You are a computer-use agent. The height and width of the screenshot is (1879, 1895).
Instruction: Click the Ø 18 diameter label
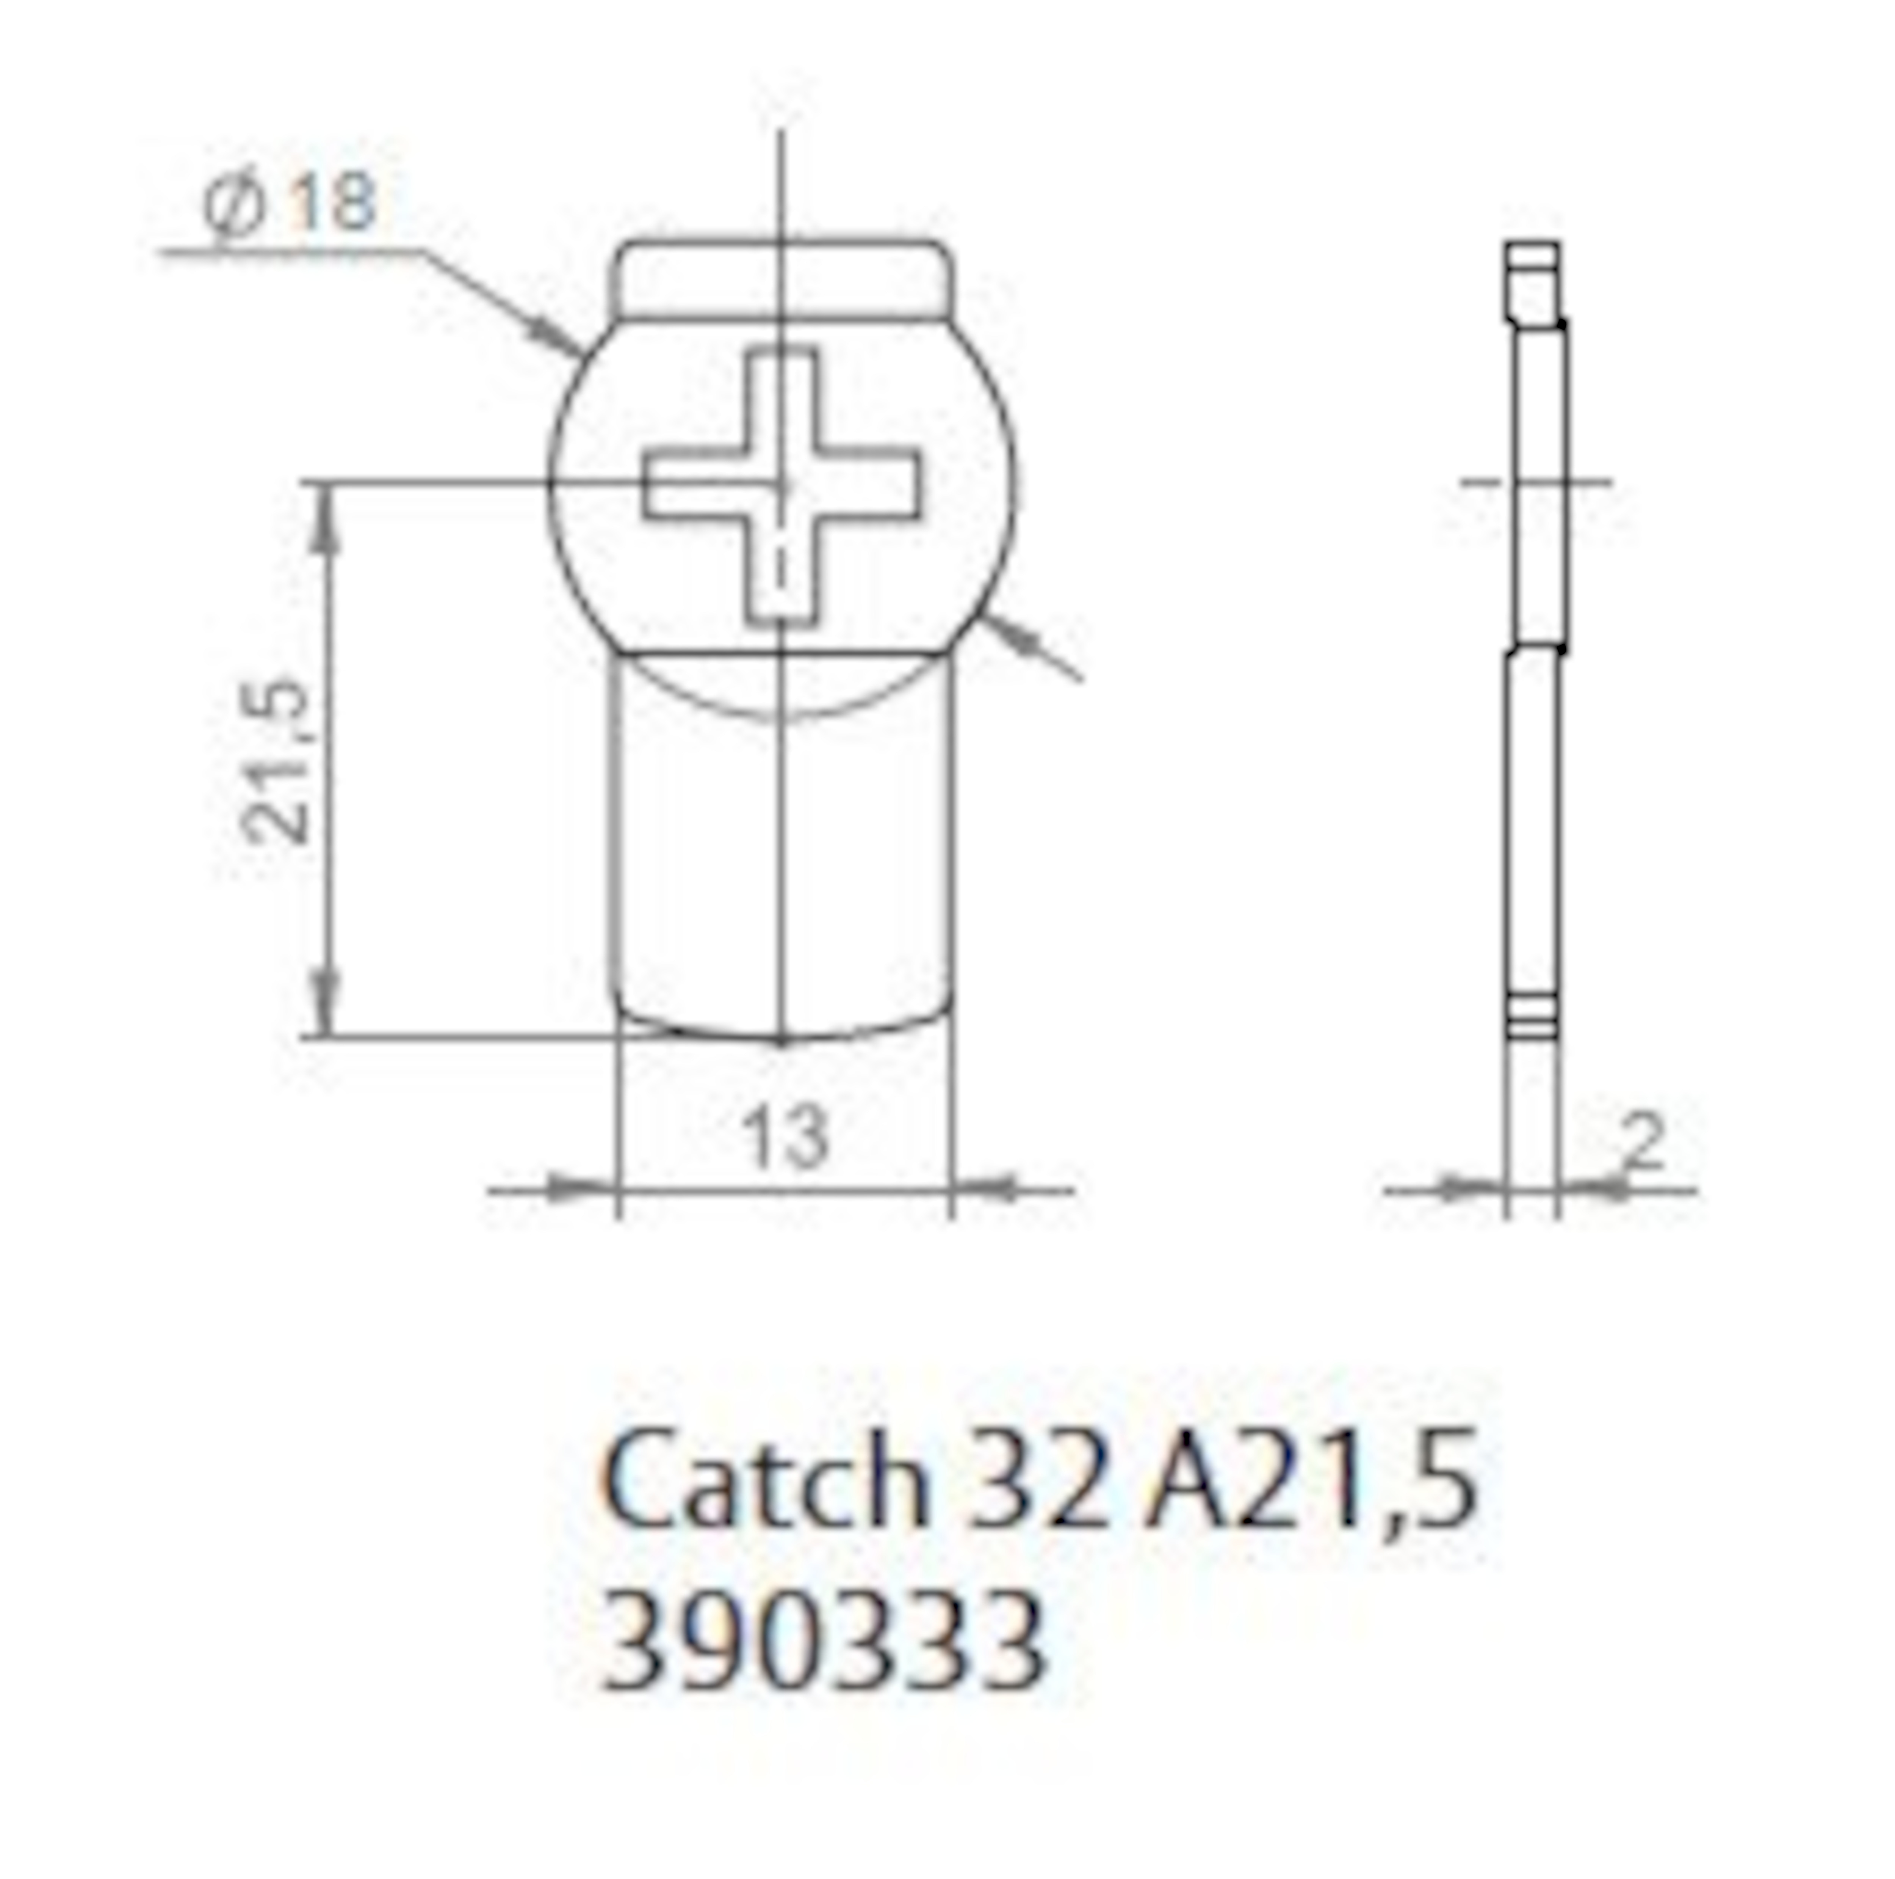[289, 203]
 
